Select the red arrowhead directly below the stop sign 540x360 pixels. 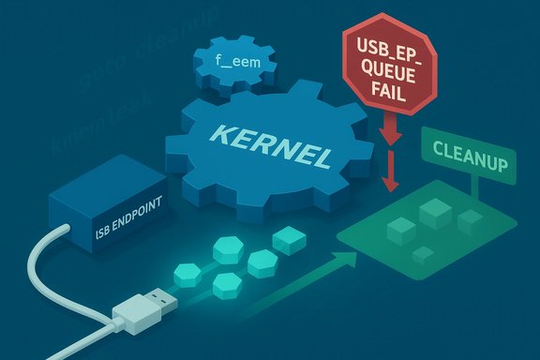point(393,140)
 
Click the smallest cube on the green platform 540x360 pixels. point(422,252)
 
